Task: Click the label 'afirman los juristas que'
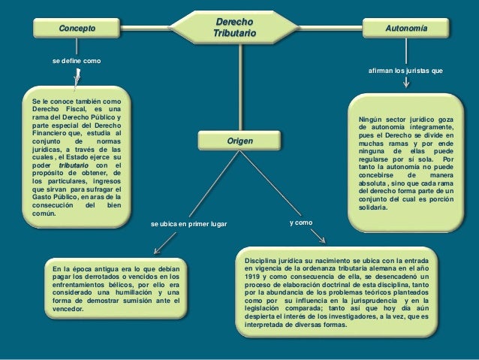coord(405,70)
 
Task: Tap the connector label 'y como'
coord(302,223)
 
